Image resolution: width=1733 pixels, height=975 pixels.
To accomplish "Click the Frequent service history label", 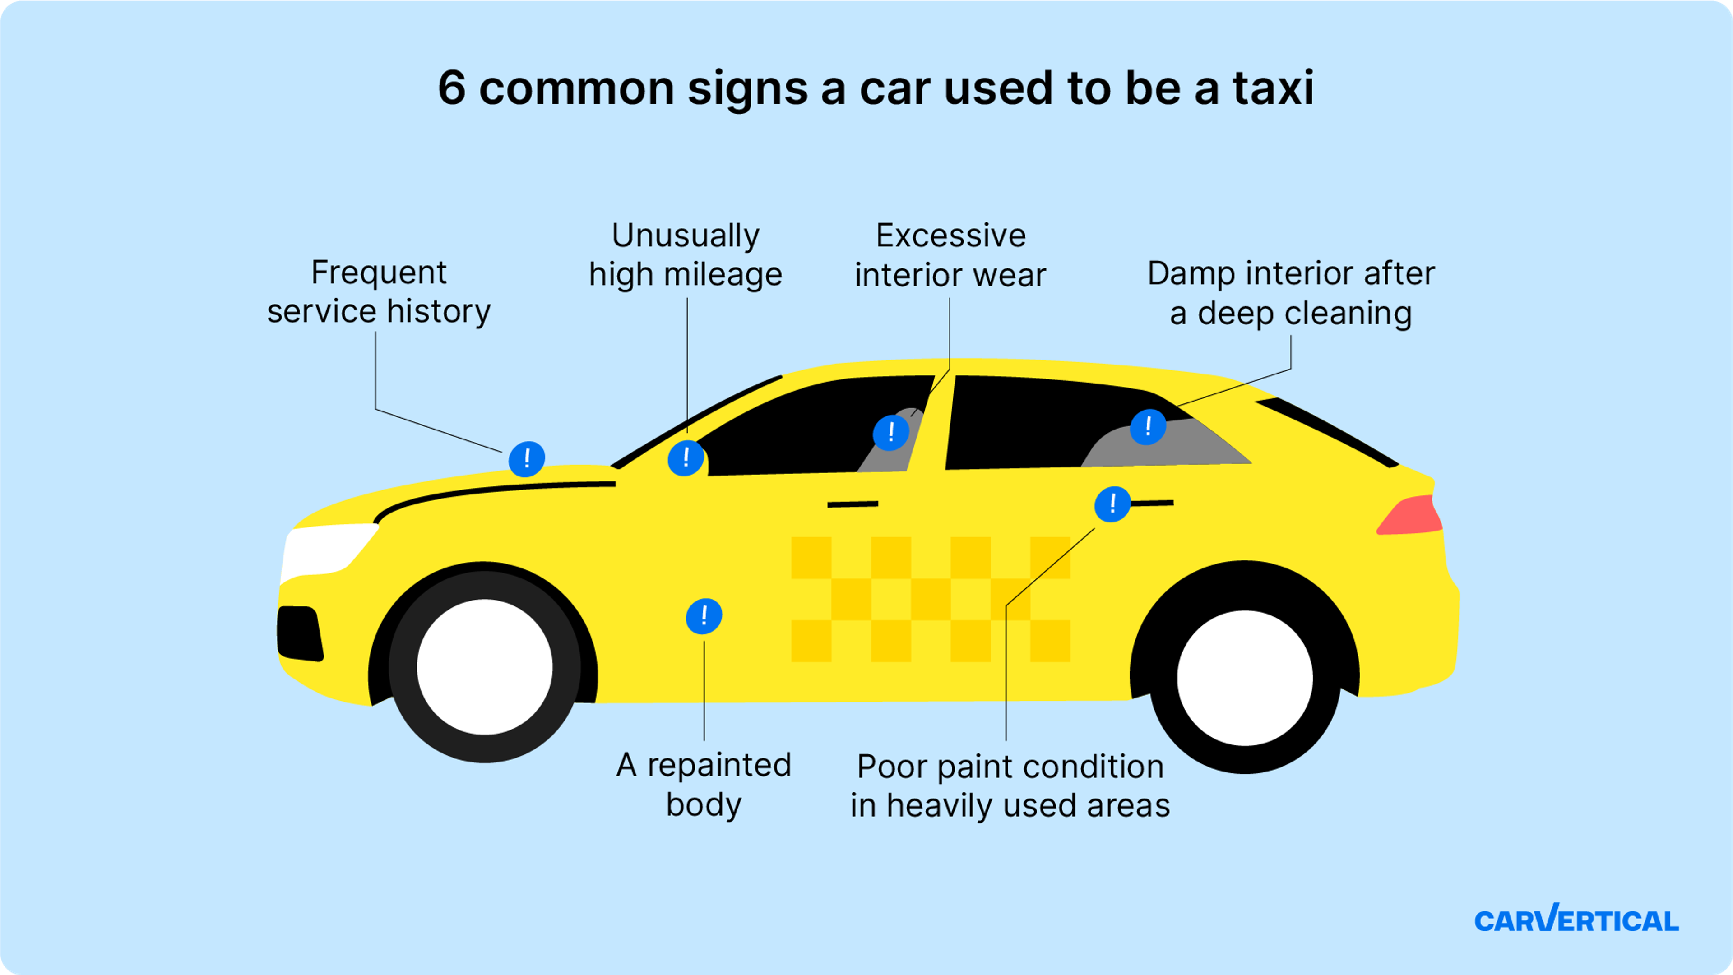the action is click(379, 292).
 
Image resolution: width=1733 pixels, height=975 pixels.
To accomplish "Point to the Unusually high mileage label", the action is click(686, 255).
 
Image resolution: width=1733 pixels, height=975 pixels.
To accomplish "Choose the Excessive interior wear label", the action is click(950, 255).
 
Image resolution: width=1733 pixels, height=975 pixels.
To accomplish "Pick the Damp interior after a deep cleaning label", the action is click(1290, 292).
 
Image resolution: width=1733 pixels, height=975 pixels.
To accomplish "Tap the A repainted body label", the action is click(704, 784).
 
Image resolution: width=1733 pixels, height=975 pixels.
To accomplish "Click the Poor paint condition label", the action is click(1010, 786).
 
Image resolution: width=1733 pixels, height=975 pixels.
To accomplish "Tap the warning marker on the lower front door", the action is click(704, 616).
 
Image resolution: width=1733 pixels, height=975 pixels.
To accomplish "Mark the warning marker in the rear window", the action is click(1148, 426).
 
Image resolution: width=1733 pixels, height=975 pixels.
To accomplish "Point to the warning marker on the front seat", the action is click(891, 432).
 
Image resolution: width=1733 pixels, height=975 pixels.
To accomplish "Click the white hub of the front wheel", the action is click(484, 667).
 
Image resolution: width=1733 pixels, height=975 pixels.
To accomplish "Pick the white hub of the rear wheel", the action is click(1245, 678).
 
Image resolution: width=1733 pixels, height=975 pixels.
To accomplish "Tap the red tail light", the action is click(1409, 517).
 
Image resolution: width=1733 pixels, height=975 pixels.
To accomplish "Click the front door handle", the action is click(853, 504).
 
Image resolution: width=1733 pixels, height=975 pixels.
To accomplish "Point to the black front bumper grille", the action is click(299, 632).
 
